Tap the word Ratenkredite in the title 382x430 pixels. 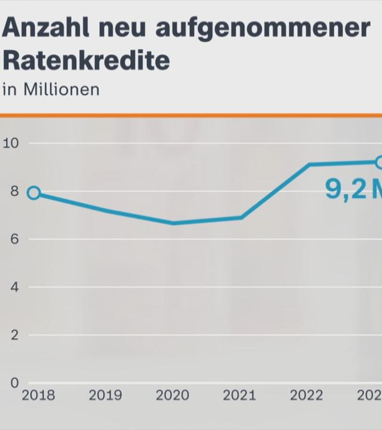(86, 60)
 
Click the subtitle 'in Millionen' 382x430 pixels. (51, 90)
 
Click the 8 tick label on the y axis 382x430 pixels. (14, 191)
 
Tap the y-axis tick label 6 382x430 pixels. (14, 239)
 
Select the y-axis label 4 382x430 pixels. (14, 287)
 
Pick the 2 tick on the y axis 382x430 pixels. (14, 335)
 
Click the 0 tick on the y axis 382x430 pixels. (14, 383)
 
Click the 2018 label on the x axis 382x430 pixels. (38, 395)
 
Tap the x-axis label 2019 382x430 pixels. (105, 395)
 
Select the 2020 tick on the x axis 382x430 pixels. (172, 395)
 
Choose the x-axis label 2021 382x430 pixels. (239, 395)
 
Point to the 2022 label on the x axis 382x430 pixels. (307, 395)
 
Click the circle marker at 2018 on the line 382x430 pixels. (34, 192)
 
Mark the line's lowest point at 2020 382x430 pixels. (173, 223)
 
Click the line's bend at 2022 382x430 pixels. (309, 164)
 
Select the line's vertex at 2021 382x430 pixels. (241, 217)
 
